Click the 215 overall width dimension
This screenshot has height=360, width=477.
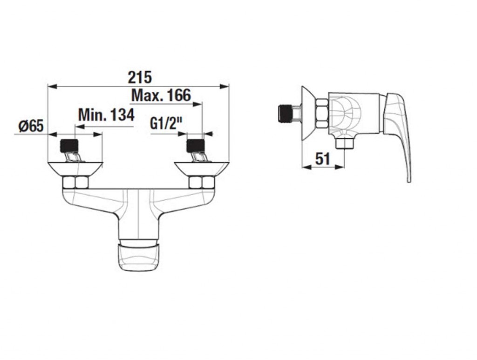pos(140,77)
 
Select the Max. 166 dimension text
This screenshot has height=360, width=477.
pos(161,95)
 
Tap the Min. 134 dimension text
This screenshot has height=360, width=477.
pos(106,115)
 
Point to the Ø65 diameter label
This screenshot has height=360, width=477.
pos(31,126)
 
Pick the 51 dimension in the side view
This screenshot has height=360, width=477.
pos(322,159)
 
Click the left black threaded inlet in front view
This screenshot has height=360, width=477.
pos(70,146)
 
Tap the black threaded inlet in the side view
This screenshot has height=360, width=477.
pos(286,114)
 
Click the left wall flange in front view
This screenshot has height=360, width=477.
pos(75,169)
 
